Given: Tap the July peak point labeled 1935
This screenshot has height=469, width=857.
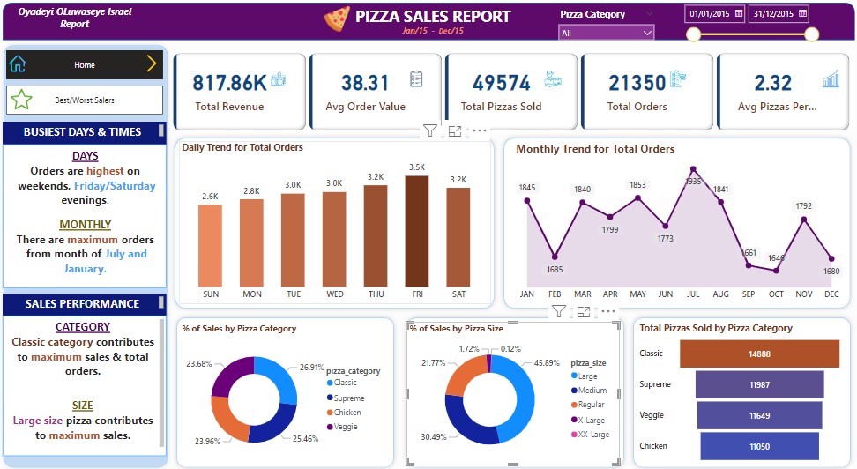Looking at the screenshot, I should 693,167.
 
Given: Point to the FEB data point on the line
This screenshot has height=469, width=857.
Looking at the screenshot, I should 555,257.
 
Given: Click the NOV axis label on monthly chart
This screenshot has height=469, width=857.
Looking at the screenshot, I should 803,294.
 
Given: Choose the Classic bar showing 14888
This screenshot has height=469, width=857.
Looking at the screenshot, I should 759,354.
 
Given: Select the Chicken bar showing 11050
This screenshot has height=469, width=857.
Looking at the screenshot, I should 759,446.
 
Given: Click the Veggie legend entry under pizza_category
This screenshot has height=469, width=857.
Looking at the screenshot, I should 344,427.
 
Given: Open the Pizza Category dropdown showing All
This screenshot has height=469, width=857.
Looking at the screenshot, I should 607,33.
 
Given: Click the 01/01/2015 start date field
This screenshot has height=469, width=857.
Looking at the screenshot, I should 713,14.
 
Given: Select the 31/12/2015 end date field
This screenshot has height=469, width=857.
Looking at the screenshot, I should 779,14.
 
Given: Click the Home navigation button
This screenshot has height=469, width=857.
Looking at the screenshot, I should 85,64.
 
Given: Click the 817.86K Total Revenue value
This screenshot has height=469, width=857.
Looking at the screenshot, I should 229,83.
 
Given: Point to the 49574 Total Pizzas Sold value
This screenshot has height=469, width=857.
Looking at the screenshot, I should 501,83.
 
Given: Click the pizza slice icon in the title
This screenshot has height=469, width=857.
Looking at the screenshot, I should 337,18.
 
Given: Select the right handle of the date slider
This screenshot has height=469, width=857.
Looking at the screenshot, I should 811,35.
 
